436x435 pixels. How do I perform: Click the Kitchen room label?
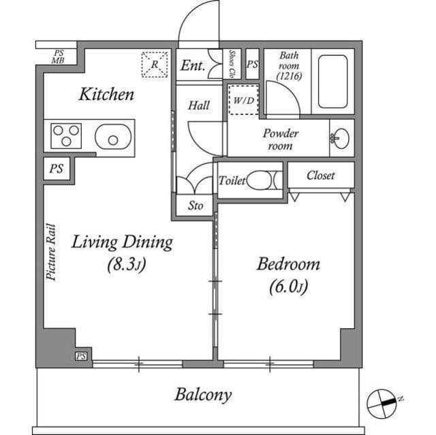(106, 94)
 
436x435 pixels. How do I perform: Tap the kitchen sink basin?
(111, 138)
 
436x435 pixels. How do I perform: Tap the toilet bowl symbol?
(263, 180)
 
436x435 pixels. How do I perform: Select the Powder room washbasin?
(339, 138)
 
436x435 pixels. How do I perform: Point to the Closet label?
(320, 175)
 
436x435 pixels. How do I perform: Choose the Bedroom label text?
(287, 264)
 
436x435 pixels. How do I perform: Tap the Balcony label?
(202, 394)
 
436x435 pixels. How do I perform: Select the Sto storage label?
(195, 205)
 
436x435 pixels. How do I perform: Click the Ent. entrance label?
(192, 66)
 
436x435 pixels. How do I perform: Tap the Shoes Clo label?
(232, 63)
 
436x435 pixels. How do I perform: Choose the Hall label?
(199, 106)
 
